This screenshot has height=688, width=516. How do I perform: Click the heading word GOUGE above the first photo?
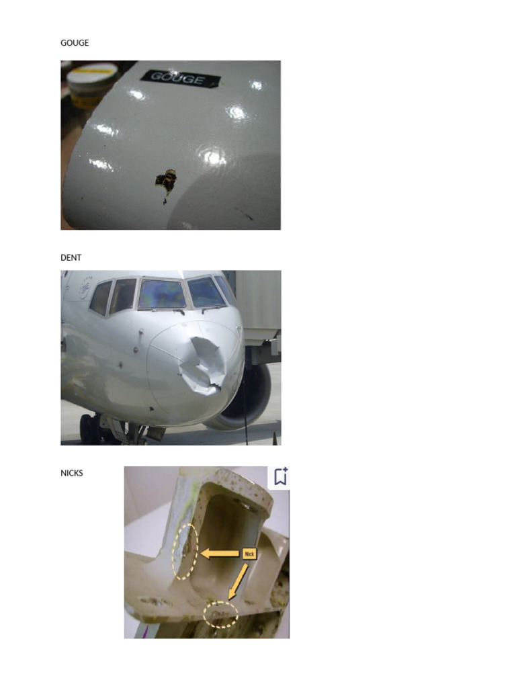[75, 43]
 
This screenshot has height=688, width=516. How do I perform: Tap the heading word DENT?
[71, 258]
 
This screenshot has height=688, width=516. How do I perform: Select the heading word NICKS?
[72, 473]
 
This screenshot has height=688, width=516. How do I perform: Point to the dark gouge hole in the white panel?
[165, 180]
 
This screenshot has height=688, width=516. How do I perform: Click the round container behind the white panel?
[91, 84]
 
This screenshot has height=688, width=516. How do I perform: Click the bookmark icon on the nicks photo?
[280, 476]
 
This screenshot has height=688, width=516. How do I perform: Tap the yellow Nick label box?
[250, 554]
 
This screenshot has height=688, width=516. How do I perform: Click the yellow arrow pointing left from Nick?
[220, 554]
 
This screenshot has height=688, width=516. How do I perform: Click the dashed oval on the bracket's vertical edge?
[185, 551]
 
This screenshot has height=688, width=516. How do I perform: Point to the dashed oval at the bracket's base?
[220, 614]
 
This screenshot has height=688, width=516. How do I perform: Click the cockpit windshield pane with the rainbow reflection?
[162, 294]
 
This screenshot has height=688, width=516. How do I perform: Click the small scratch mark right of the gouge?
[248, 216]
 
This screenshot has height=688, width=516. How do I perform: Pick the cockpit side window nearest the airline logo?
[101, 298]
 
